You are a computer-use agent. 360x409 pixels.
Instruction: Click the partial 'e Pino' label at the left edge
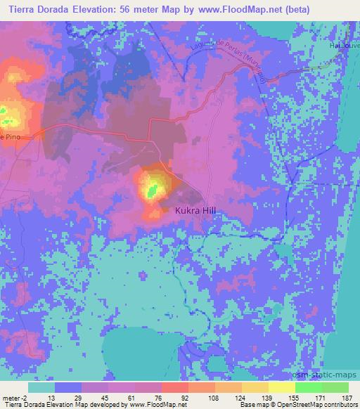(10, 137)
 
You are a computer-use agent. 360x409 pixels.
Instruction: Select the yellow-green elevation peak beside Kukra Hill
(153, 188)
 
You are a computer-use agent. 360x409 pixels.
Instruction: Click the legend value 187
(347, 397)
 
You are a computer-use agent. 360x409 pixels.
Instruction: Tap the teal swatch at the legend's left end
(41, 387)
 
